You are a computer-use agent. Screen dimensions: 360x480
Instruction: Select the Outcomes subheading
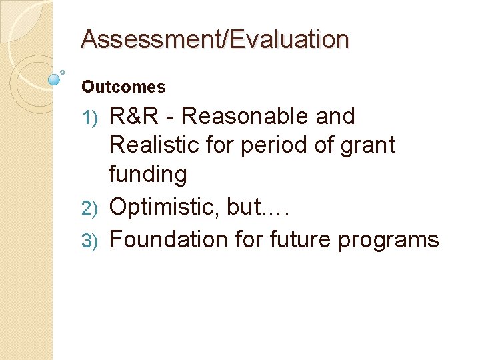click(x=123, y=87)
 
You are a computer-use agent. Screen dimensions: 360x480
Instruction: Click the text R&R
click(x=133, y=117)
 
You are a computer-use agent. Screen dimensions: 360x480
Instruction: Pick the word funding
click(x=147, y=175)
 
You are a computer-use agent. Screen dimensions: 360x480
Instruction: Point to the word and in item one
click(x=335, y=117)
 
